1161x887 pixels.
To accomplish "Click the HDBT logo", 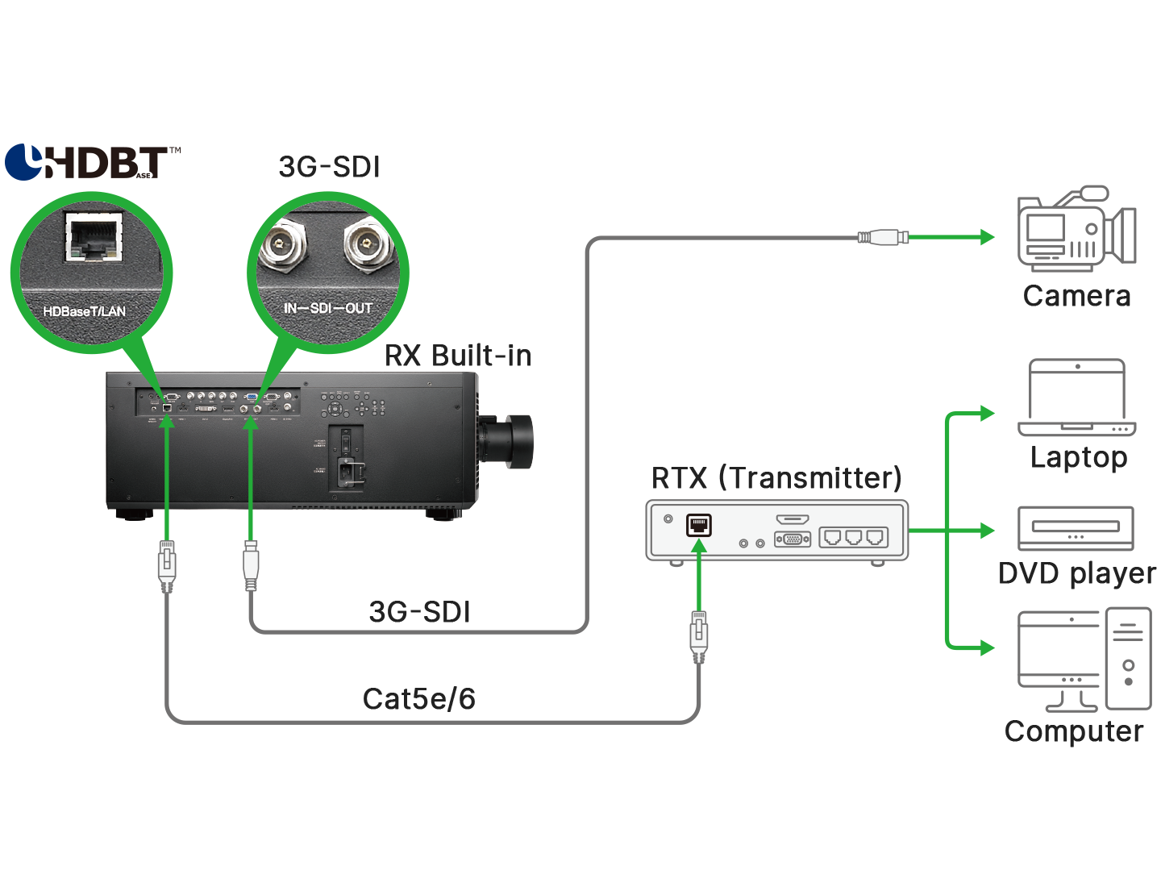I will pos(93,162).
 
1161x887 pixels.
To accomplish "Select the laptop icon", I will pos(1077,398).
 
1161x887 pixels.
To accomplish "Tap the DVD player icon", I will pos(1076,528).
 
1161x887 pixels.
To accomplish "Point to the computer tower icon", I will pos(1128,659).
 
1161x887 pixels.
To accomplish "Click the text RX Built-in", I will pos(458,356).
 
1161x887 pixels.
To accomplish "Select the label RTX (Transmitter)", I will pos(776,478).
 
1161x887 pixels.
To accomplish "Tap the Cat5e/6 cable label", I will pos(418,699).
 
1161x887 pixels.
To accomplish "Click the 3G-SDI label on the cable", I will pos(419,612).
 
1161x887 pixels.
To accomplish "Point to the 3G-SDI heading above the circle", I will pos(329,167).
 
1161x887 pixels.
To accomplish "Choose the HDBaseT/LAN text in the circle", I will pos(85,311).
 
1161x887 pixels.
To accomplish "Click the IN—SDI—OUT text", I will pos(327,308).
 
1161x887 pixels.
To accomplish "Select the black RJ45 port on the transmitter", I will pos(699,525).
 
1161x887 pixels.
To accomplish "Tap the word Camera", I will pos(1076,297).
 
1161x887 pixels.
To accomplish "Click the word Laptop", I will pos(1078,458).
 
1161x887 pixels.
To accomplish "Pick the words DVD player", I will pos(1076,574).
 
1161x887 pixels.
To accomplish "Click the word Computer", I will pos(1073,732).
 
